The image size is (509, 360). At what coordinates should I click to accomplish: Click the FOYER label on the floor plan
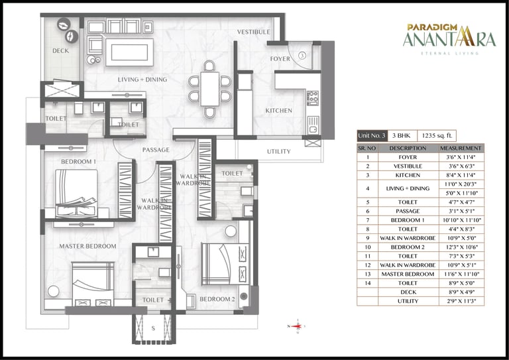[x=280, y=59]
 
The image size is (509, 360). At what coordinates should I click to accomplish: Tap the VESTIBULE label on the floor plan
[x=254, y=32]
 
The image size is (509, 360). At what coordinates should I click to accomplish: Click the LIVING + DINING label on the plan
[x=142, y=80]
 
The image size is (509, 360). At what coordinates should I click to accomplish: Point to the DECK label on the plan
[x=61, y=51]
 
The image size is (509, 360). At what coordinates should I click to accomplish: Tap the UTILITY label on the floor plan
[x=278, y=151]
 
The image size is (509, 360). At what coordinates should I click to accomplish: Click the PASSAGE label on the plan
[x=156, y=150]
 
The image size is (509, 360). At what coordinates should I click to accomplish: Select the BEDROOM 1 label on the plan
[x=78, y=162]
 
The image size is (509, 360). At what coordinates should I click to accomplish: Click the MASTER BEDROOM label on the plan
[x=87, y=246]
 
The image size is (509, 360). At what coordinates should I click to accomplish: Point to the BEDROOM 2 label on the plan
[x=217, y=299]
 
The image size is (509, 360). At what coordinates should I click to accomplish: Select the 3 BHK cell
[x=401, y=135]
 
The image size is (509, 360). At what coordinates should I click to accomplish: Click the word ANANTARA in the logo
[x=449, y=40]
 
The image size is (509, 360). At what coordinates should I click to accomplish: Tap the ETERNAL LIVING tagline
[x=449, y=54]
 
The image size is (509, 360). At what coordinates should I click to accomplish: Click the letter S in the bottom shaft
[x=153, y=327]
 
